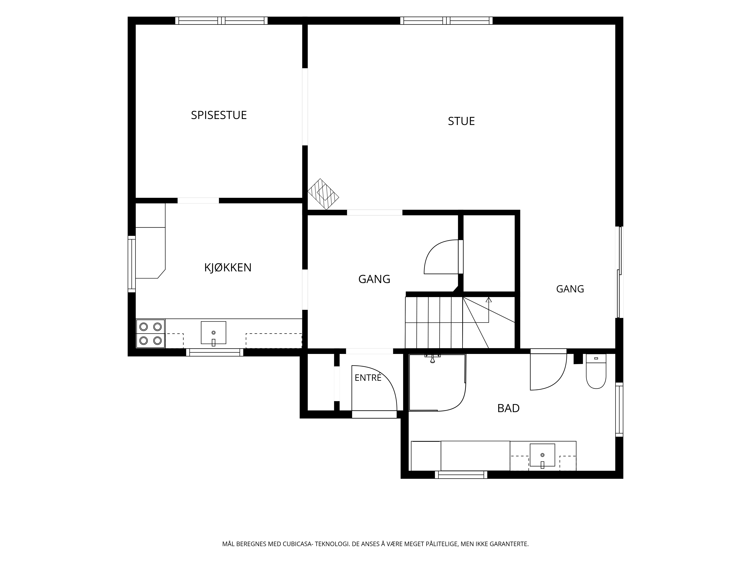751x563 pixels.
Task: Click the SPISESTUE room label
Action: [219, 115]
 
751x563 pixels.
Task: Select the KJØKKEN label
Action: [228, 268]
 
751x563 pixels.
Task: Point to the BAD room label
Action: [508, 408]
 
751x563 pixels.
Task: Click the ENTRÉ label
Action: [368, 378]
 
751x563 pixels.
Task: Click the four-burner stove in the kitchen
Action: [150, 334]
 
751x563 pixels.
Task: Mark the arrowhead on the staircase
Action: [489, 300]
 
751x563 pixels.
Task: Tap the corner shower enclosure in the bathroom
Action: [437, 383]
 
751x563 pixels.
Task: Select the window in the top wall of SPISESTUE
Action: [221, 21]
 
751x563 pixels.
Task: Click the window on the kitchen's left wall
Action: [132, 264]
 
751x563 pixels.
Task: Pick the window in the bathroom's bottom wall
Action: [461, 475]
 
